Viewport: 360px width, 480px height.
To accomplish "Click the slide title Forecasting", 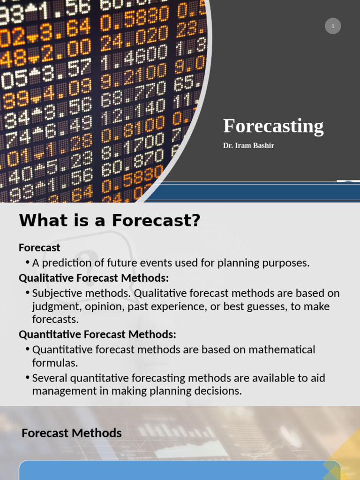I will [273, 127].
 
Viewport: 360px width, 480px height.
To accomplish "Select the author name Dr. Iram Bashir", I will [248, 146].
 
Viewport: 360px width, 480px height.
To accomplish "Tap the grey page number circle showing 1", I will [333, 26].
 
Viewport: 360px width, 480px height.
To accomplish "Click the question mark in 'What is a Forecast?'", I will [195, 221].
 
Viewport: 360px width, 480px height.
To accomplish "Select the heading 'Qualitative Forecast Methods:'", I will [94, 278].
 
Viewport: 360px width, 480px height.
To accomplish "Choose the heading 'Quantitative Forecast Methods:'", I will [97, 335].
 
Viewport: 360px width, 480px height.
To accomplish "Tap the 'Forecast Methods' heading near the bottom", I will [72, 433].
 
